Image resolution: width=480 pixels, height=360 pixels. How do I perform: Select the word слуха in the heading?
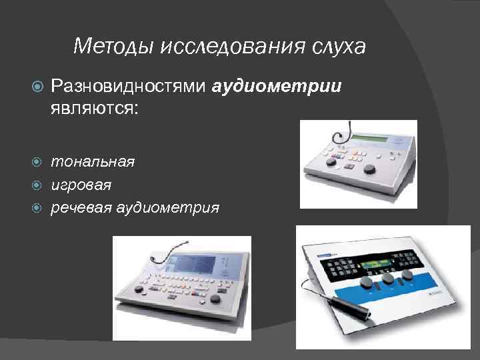point(338,47)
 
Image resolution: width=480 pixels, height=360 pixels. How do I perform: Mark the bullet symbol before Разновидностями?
point(37,87)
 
